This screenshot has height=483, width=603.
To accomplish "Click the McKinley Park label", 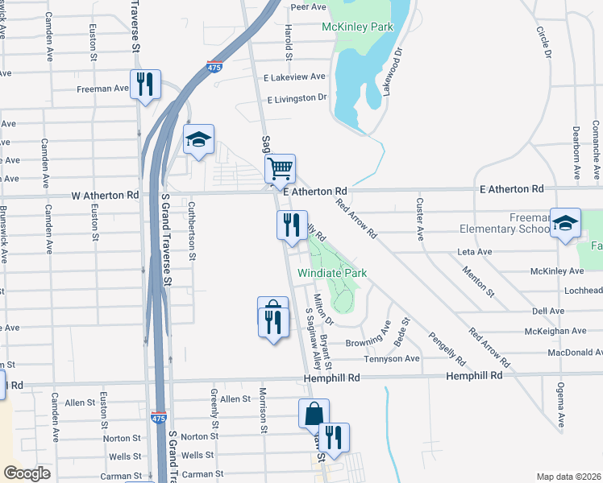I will point(357,27).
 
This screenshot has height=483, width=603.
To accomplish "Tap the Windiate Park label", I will point(332,273).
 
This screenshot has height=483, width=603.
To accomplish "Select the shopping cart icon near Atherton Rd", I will point(280,170).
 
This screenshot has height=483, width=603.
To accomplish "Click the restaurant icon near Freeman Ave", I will point(145,85).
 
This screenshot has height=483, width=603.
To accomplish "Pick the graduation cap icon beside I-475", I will point(198,140).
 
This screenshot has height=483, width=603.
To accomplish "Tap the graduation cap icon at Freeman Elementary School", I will point(565,223).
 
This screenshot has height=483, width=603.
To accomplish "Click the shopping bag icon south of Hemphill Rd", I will point(314,414).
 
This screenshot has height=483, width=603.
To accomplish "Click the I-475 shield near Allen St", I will point(160,418).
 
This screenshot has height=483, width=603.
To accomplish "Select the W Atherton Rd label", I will point(106,195).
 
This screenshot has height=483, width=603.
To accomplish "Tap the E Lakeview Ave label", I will point(294,77).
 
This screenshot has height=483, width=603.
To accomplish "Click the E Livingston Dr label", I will point(296,97).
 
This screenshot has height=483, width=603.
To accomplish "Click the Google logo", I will point(27,473).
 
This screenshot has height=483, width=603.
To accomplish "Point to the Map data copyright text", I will point(568,477).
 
